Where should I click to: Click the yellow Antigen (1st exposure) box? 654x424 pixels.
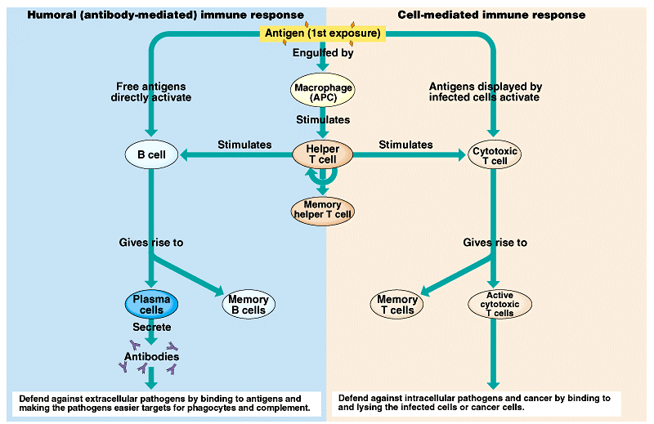pyautogui.click(x=322, y=33)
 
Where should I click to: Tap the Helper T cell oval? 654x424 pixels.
pyautogui.click(x=322, y=153)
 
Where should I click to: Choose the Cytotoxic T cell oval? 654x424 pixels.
pyautogui.click(x=495, y=154)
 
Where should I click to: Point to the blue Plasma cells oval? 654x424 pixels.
pyautogui.click(x=152, y=304)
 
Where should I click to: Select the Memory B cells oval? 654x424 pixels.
pyautogui.click(x=248, y=305)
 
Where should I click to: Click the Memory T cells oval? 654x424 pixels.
pyautogui.click(x=397, y=305)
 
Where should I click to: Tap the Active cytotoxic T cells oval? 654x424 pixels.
pyautogui.click(x=499, y=304)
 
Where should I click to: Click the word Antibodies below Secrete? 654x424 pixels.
pyautogui.click(x=151, y=356)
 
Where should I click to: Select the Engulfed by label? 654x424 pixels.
pyautogui.click(x=323, y=54)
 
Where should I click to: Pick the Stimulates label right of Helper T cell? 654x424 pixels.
pyautogui.click(x=405, y=145)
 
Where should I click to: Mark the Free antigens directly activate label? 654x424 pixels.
pyautogui.click(x=151, y=92)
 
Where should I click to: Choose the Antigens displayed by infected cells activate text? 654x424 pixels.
pyautogui.click(x=485, y=91)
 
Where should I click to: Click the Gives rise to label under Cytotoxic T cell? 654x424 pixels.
pyautogui.click(x=495, y=243)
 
